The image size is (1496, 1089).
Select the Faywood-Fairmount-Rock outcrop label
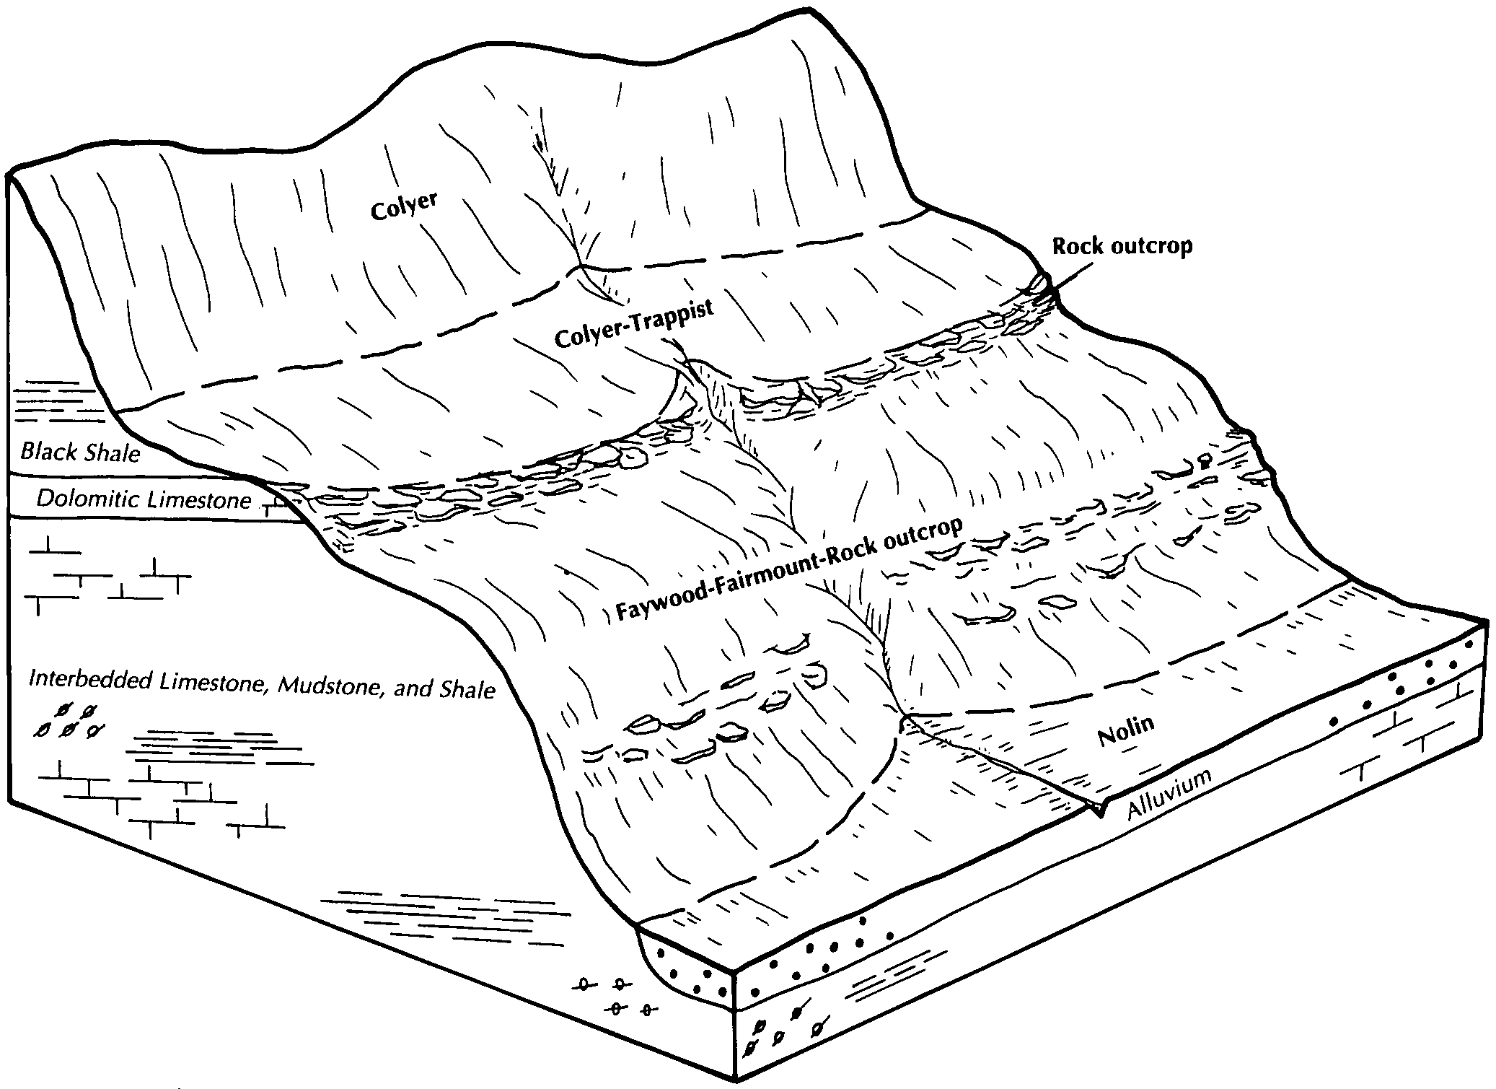(x=789, y=569)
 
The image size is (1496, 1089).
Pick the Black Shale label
(x=80, y=452)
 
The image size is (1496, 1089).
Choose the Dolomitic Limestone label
(x=144, y=499)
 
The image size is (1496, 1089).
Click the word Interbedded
(x=90, y=680)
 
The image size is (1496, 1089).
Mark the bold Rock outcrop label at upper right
(x=1122, y=246)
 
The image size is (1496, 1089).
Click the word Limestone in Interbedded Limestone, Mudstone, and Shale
(x=215, y=682)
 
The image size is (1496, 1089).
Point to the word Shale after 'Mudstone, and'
(x=467, y=690)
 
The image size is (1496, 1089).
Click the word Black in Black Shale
(x=48, y=452)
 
